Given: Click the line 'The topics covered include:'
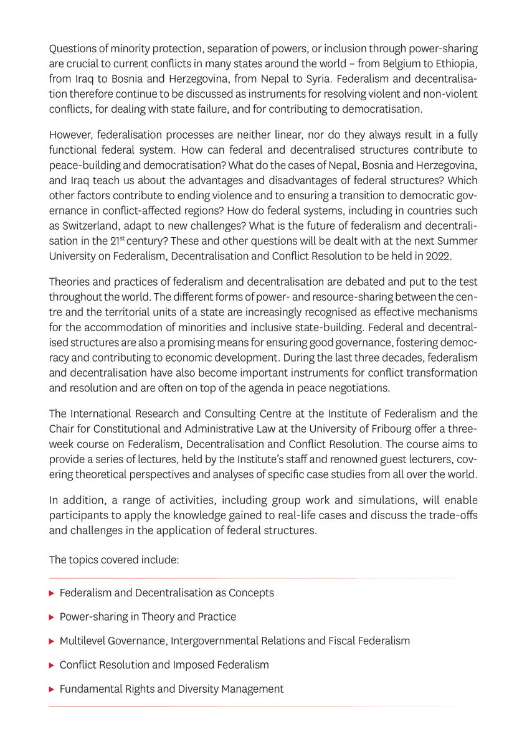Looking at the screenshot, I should tap(114, 560).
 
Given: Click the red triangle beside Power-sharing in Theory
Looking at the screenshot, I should tap(52, 618).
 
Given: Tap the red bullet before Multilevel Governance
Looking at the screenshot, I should tap(52, 641).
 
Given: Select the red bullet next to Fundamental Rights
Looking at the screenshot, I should tap(52, 689).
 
